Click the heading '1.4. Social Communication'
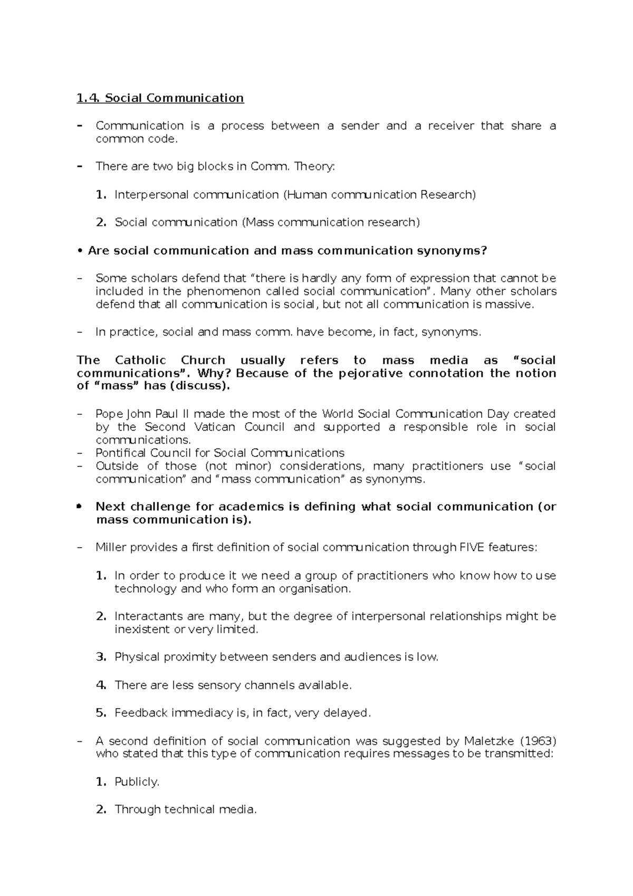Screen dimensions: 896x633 pos(160,98)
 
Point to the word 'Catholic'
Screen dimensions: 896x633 pos(140,360)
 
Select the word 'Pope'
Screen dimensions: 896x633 pos(109,414)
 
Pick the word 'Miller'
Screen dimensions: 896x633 pos(111,548)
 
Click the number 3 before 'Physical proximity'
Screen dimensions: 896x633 pos(101,657)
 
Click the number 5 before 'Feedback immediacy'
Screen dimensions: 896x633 pos(101,713)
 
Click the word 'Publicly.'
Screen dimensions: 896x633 pos(137,782)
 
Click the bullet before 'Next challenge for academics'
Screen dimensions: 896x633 pos(79,506)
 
